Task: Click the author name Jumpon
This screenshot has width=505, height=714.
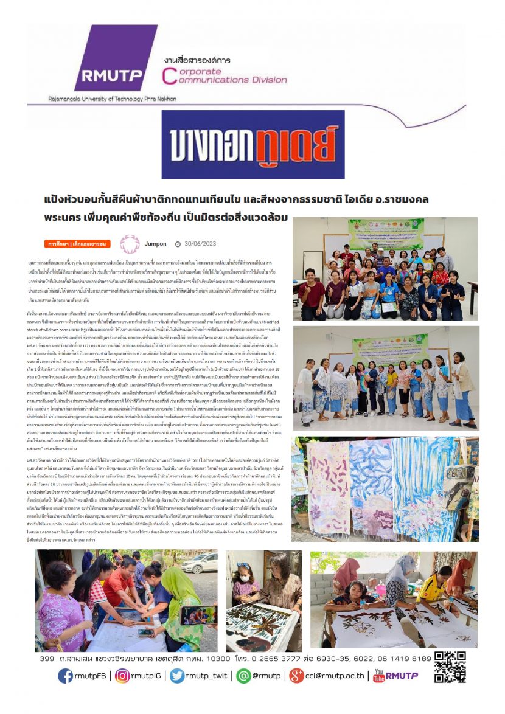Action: [156, 244]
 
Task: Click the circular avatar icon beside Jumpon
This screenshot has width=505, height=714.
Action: [130, 244]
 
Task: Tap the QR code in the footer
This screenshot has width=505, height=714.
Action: [450, 665]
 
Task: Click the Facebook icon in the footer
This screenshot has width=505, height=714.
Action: [66, 676]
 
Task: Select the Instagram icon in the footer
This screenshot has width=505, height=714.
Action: [122, 676]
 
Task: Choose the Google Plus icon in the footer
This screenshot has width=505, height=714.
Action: [296, 676]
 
